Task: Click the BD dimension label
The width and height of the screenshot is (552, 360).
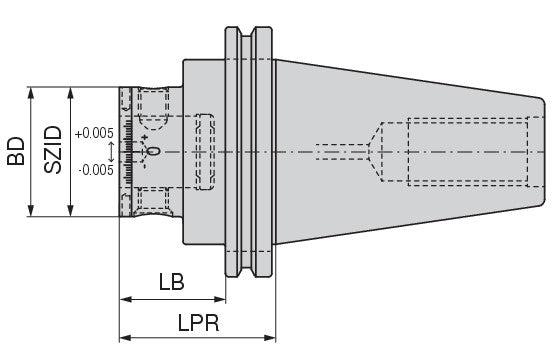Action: pyautogui.click(x=16, y=151)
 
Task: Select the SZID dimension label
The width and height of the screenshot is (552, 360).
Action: pyautogui.click(x=53, y=150)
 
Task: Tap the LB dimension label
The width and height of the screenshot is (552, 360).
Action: pyautogui.click(x=171, y=282)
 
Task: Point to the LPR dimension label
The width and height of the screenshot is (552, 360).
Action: pyautogui.click(x=199, y=322)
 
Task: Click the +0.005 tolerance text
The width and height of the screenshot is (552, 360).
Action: pyautogui.click(x=94, y=133)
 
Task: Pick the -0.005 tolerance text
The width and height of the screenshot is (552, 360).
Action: pyautogui.click(x=96, y=170)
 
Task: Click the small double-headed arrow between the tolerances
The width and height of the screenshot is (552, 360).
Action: pyautogui.click(x=111, y=152)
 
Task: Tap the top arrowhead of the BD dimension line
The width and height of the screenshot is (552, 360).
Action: pyautogui.click(x=31, y=93)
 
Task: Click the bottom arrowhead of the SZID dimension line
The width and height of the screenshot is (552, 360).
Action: pyautogui.click(x=71, y=210)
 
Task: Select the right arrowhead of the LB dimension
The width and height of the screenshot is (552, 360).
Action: pyautogui.click(x=220, y=299)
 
